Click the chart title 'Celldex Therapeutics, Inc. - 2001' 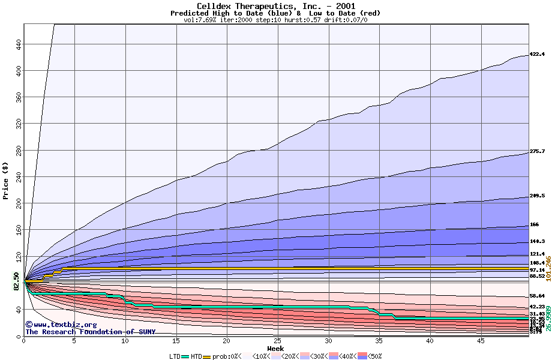[275, 6]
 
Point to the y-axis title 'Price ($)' [5, 181]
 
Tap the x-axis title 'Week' [275, 348]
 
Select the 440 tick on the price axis [19, 44]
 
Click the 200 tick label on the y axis [19, 204]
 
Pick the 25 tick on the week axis [278, 341]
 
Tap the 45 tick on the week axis [481, 341]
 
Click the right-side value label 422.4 [537, 55]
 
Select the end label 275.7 [537, 152]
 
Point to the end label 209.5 [537, 196]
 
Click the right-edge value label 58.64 [537, 296]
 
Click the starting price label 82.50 [16, 281]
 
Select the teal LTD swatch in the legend [185, 356]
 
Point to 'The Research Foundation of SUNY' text [90, 332]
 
